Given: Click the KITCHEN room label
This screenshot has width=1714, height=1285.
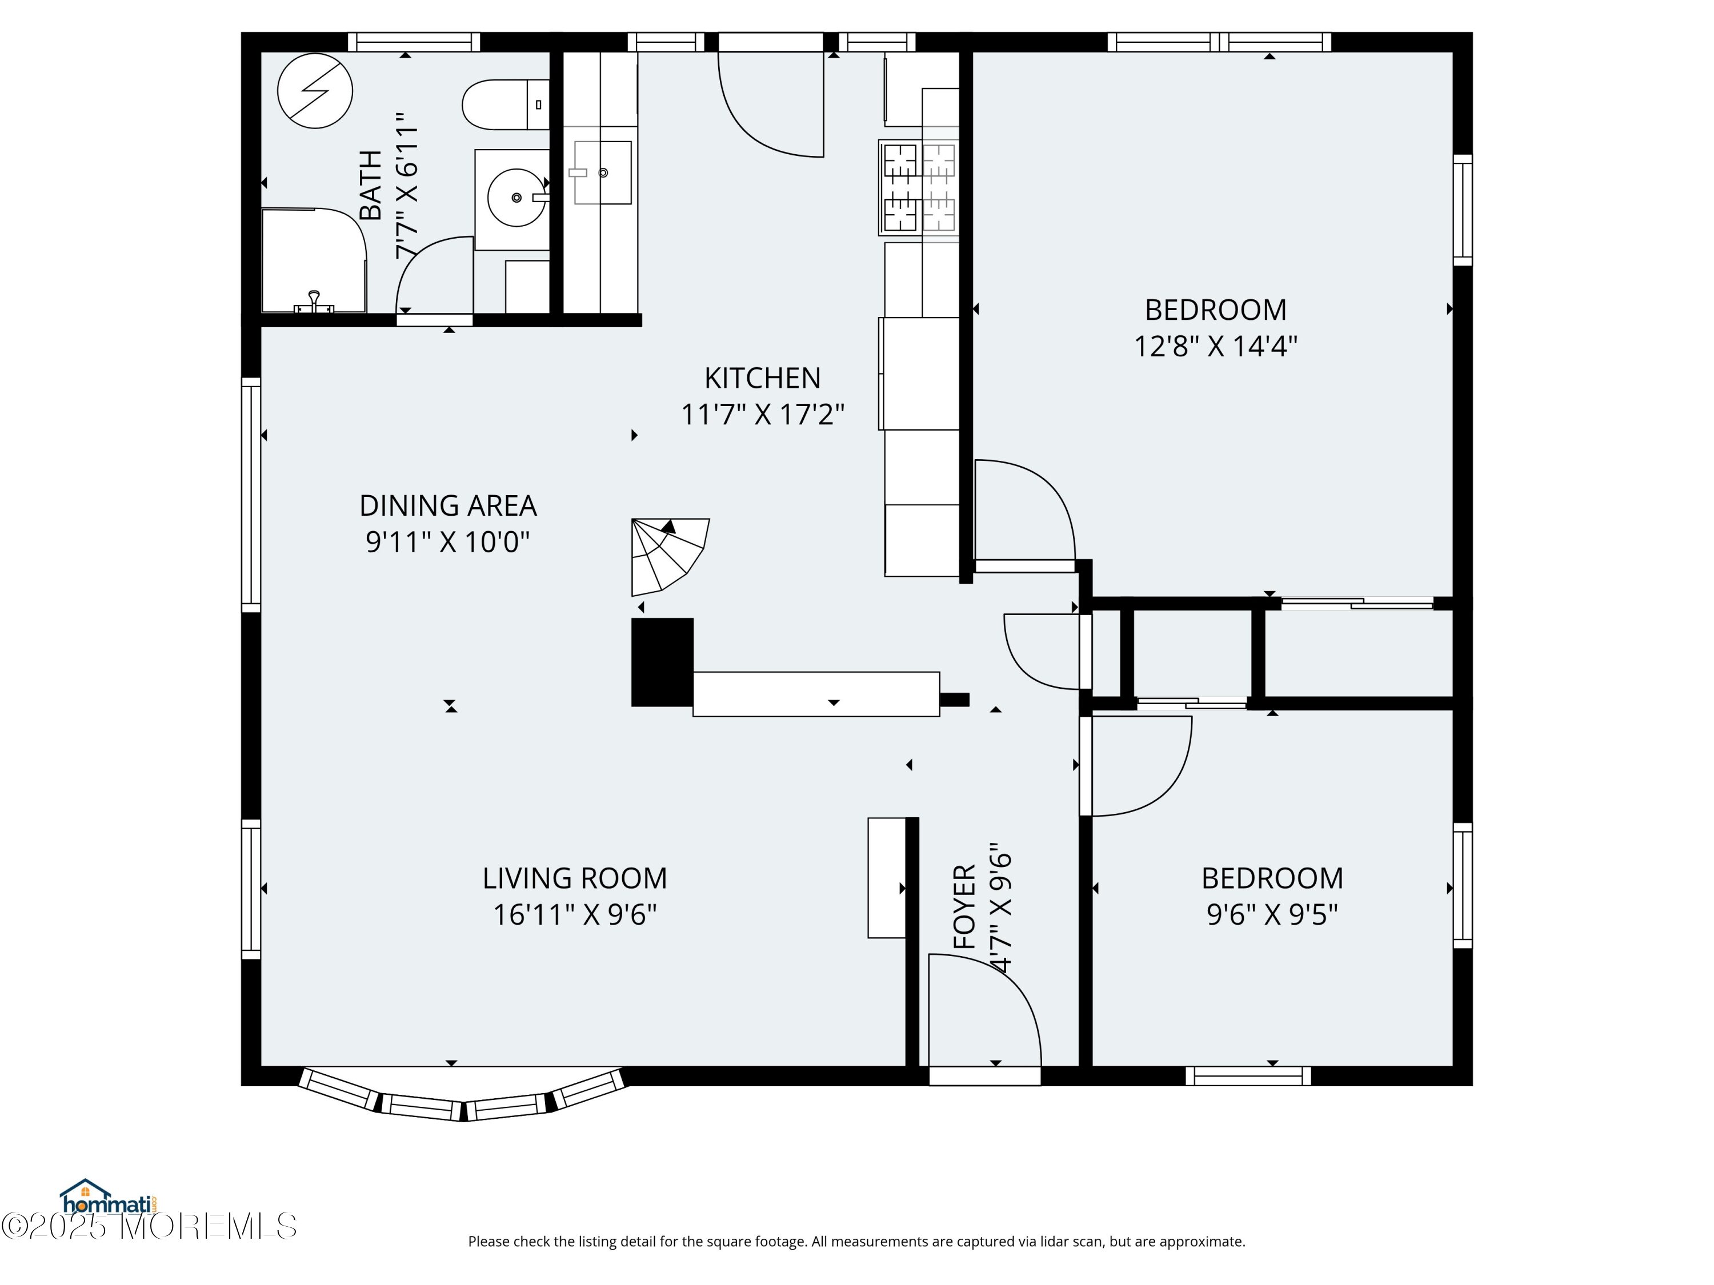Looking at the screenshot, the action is click(x=763, y=378).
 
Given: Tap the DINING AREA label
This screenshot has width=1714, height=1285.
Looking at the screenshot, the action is click(x=448, y=506).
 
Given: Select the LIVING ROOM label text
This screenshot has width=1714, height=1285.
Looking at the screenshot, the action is click(x=575, y=878).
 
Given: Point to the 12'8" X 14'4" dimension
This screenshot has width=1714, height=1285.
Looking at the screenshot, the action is click(x=1216, y=346).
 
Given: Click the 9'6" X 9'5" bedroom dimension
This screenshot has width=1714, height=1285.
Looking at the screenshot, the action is click(x=1272, y=915).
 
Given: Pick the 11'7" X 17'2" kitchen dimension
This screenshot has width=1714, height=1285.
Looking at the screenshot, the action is click(x=763, y=415).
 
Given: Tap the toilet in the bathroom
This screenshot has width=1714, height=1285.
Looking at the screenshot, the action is click(x=505, y=105).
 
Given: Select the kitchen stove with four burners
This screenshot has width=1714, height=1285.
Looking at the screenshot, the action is click(x=918, y=187).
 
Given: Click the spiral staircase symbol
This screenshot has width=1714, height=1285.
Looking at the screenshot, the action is click(x=668, y=555).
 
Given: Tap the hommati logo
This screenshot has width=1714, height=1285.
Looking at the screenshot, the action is click(x=108, y=1198).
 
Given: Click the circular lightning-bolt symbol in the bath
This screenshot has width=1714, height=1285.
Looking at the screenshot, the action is click(x=315, y=91).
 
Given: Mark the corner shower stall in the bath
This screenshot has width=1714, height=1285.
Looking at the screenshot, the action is click(x=314, y=260).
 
